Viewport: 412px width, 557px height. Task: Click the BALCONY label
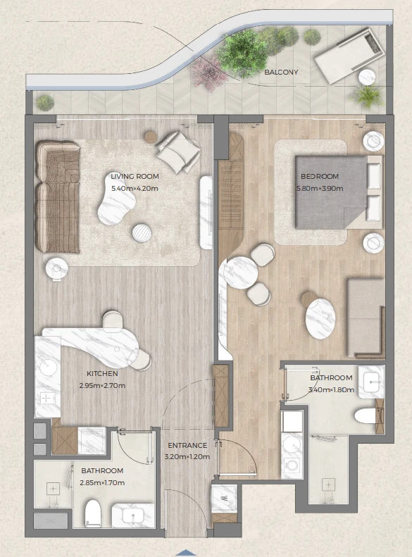coord(281,72)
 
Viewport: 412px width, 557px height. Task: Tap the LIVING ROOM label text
coord(135,176)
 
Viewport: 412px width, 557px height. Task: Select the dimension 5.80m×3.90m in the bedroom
coord(320,188)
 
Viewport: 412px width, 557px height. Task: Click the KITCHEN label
coord(102,373)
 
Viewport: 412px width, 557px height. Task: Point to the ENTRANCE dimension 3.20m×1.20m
coord(187,457)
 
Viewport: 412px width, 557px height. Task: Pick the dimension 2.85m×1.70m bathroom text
coord(102,483)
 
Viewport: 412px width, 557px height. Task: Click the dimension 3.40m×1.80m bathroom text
coord(332,389)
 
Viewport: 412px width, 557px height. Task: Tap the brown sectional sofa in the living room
coord(57,196)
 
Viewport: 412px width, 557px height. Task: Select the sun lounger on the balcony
coord(350,56)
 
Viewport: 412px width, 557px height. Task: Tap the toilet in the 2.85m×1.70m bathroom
coord(93,513)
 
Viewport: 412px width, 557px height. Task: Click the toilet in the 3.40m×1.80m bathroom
coord(366,415)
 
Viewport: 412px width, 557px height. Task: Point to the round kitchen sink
coord(49,368)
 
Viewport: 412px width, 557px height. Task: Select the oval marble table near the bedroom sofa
coord(320,318)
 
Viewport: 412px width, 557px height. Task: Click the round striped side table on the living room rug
coord(142,233)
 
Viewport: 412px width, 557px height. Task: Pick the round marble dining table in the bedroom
coord(241,273)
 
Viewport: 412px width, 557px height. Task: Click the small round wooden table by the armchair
coord(151,137)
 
